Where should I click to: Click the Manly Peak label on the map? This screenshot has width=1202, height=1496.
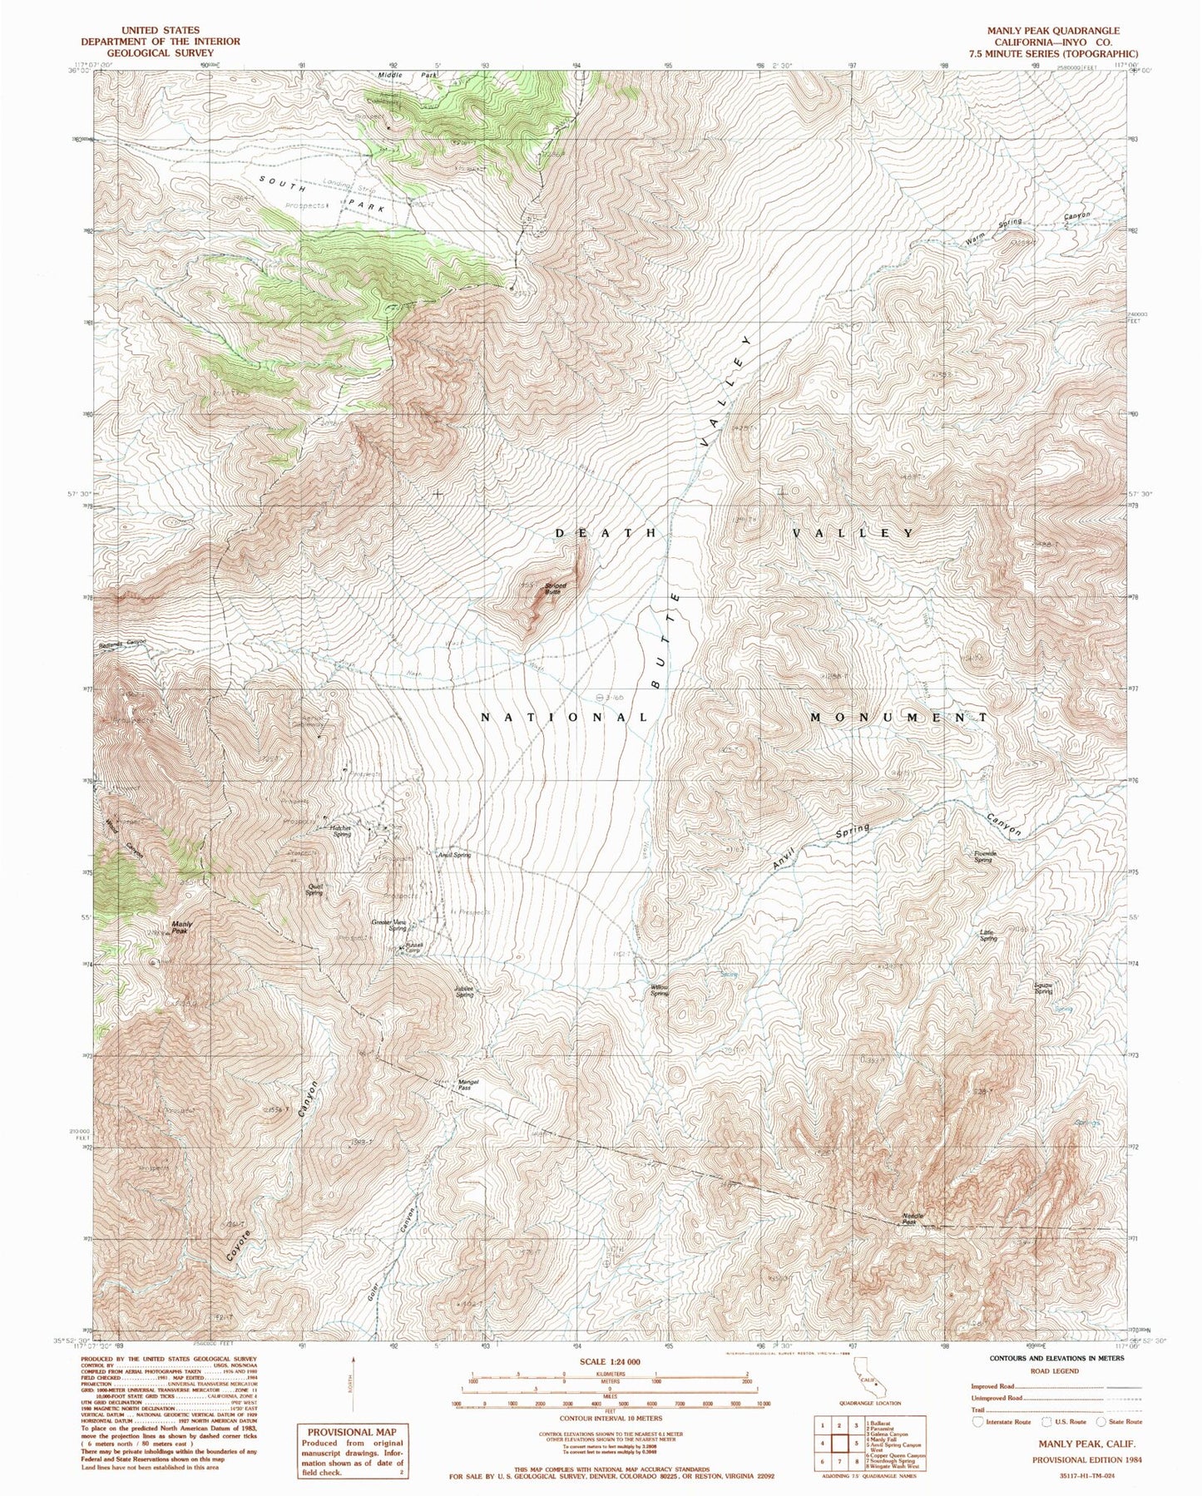181,927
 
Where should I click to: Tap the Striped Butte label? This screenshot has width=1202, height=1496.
555,588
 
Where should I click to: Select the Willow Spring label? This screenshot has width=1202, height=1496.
659,990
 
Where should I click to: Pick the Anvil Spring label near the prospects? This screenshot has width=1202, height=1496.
454,855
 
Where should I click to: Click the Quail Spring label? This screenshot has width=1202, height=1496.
314,890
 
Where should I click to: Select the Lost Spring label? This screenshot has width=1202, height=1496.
987,936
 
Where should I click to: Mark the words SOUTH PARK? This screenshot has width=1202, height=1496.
323,193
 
